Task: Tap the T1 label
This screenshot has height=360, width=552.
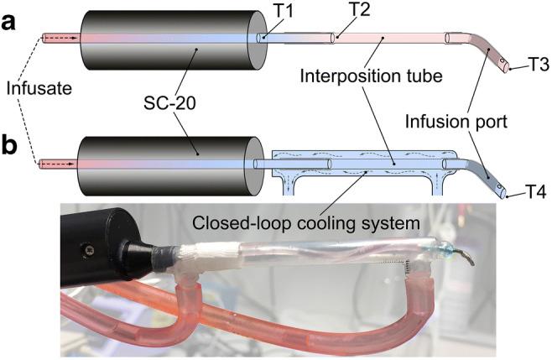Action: pos(278,14)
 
